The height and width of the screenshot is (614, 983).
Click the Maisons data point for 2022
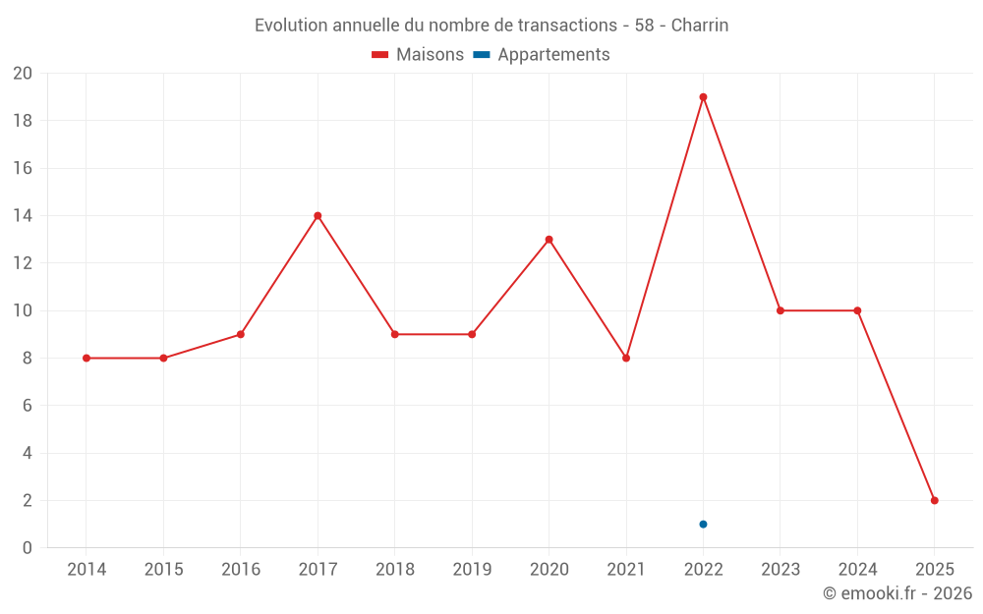pos(703,97)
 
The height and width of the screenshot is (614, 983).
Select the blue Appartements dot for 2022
pos(703,524)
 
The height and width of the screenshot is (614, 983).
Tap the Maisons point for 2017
pos(318,215)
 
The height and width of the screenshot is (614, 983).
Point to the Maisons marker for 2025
pos(934,500)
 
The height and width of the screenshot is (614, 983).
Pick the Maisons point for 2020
pos(549,240)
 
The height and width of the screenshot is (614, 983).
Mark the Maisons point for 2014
pos(87,358)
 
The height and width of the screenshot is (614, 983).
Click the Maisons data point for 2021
pos(626,358)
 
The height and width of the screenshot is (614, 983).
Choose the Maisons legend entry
pos(418,55)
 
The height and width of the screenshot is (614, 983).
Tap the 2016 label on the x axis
pos(241,569)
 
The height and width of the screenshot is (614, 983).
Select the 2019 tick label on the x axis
pos(472,569)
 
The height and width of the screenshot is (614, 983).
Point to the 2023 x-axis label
pos(781,569)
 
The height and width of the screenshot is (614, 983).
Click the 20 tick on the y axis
pos(23,74)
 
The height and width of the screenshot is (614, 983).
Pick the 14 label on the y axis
pos(23,216)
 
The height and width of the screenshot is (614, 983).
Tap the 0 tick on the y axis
pos(28,548)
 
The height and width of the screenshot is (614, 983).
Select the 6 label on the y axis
pos(28,406)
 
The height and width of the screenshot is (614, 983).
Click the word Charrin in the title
pos(700,26)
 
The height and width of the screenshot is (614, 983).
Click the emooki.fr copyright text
pos(897,593)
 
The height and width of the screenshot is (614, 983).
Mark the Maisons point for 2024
pos(857,310)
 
